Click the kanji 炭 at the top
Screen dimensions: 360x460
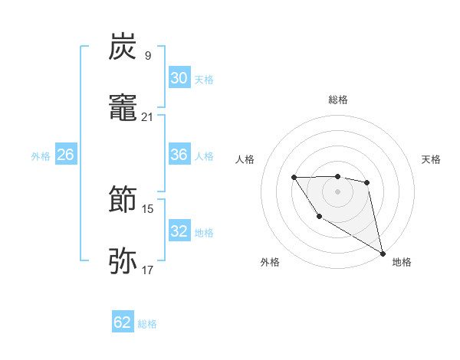[123, 47]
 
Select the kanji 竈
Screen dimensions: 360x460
[123, 108]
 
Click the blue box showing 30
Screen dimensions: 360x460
[179, 78]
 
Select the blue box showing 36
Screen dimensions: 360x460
[179, 155]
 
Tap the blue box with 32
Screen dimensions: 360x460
[179, 231]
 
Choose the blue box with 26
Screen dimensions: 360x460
[65, 155]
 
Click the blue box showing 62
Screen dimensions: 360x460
[123, 322]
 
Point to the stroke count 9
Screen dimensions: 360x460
[148, 55]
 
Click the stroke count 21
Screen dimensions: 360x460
[148, 116]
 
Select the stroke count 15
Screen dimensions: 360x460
[148, 208]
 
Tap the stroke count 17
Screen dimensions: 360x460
[148, 270]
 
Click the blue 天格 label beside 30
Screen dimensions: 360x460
[204, 80]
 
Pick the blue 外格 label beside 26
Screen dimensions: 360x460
[41, 156]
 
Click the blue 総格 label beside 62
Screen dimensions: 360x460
[147, 324]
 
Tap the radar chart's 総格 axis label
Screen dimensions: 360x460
[338, 100]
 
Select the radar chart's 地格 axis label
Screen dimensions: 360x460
[402, 262]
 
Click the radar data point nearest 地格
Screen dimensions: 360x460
[383, 254]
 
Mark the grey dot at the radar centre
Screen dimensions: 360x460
[338, 190]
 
